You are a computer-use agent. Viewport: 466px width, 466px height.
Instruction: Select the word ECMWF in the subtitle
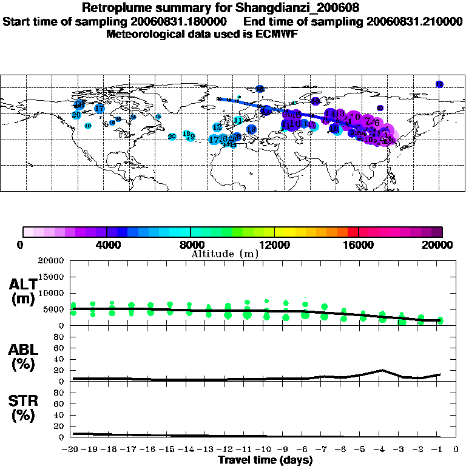pos(277,34)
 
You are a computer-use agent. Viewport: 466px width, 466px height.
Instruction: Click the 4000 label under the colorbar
pos(106,245)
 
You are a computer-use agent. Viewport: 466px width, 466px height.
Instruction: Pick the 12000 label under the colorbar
pos(275,245)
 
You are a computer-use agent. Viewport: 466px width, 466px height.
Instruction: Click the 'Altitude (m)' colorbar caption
pos(225,254)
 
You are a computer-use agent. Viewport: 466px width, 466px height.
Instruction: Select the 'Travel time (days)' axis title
pos(265,460)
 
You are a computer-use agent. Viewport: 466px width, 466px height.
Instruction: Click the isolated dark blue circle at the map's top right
pos(439,84)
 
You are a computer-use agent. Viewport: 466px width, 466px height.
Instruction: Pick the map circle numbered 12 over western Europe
pos(217,127)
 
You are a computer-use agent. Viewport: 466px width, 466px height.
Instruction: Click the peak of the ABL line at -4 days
pos(382,370)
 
